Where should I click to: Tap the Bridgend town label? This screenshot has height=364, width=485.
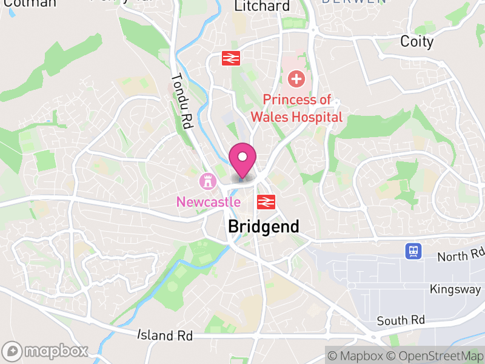pos(263,227)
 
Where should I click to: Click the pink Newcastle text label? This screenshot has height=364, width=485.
pos(208,202)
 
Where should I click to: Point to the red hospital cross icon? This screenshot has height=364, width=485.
pos(296,78)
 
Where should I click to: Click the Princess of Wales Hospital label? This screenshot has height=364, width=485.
pos(302,109)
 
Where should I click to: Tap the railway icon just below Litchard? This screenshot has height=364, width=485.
pos(231,58)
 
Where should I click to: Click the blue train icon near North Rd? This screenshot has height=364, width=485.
pos(413,251)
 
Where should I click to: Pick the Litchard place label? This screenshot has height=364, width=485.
pos(262,6)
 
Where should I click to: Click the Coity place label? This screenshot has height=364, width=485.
pos(417,41)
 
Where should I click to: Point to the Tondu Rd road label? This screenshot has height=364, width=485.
pos(181,101)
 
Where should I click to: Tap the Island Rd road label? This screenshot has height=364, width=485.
pos(165,335)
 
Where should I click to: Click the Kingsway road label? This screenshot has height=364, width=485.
pos(455,289)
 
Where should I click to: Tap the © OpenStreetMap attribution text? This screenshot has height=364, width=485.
pos(436,355)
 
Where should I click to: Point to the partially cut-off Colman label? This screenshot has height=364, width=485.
pos(28,3)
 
